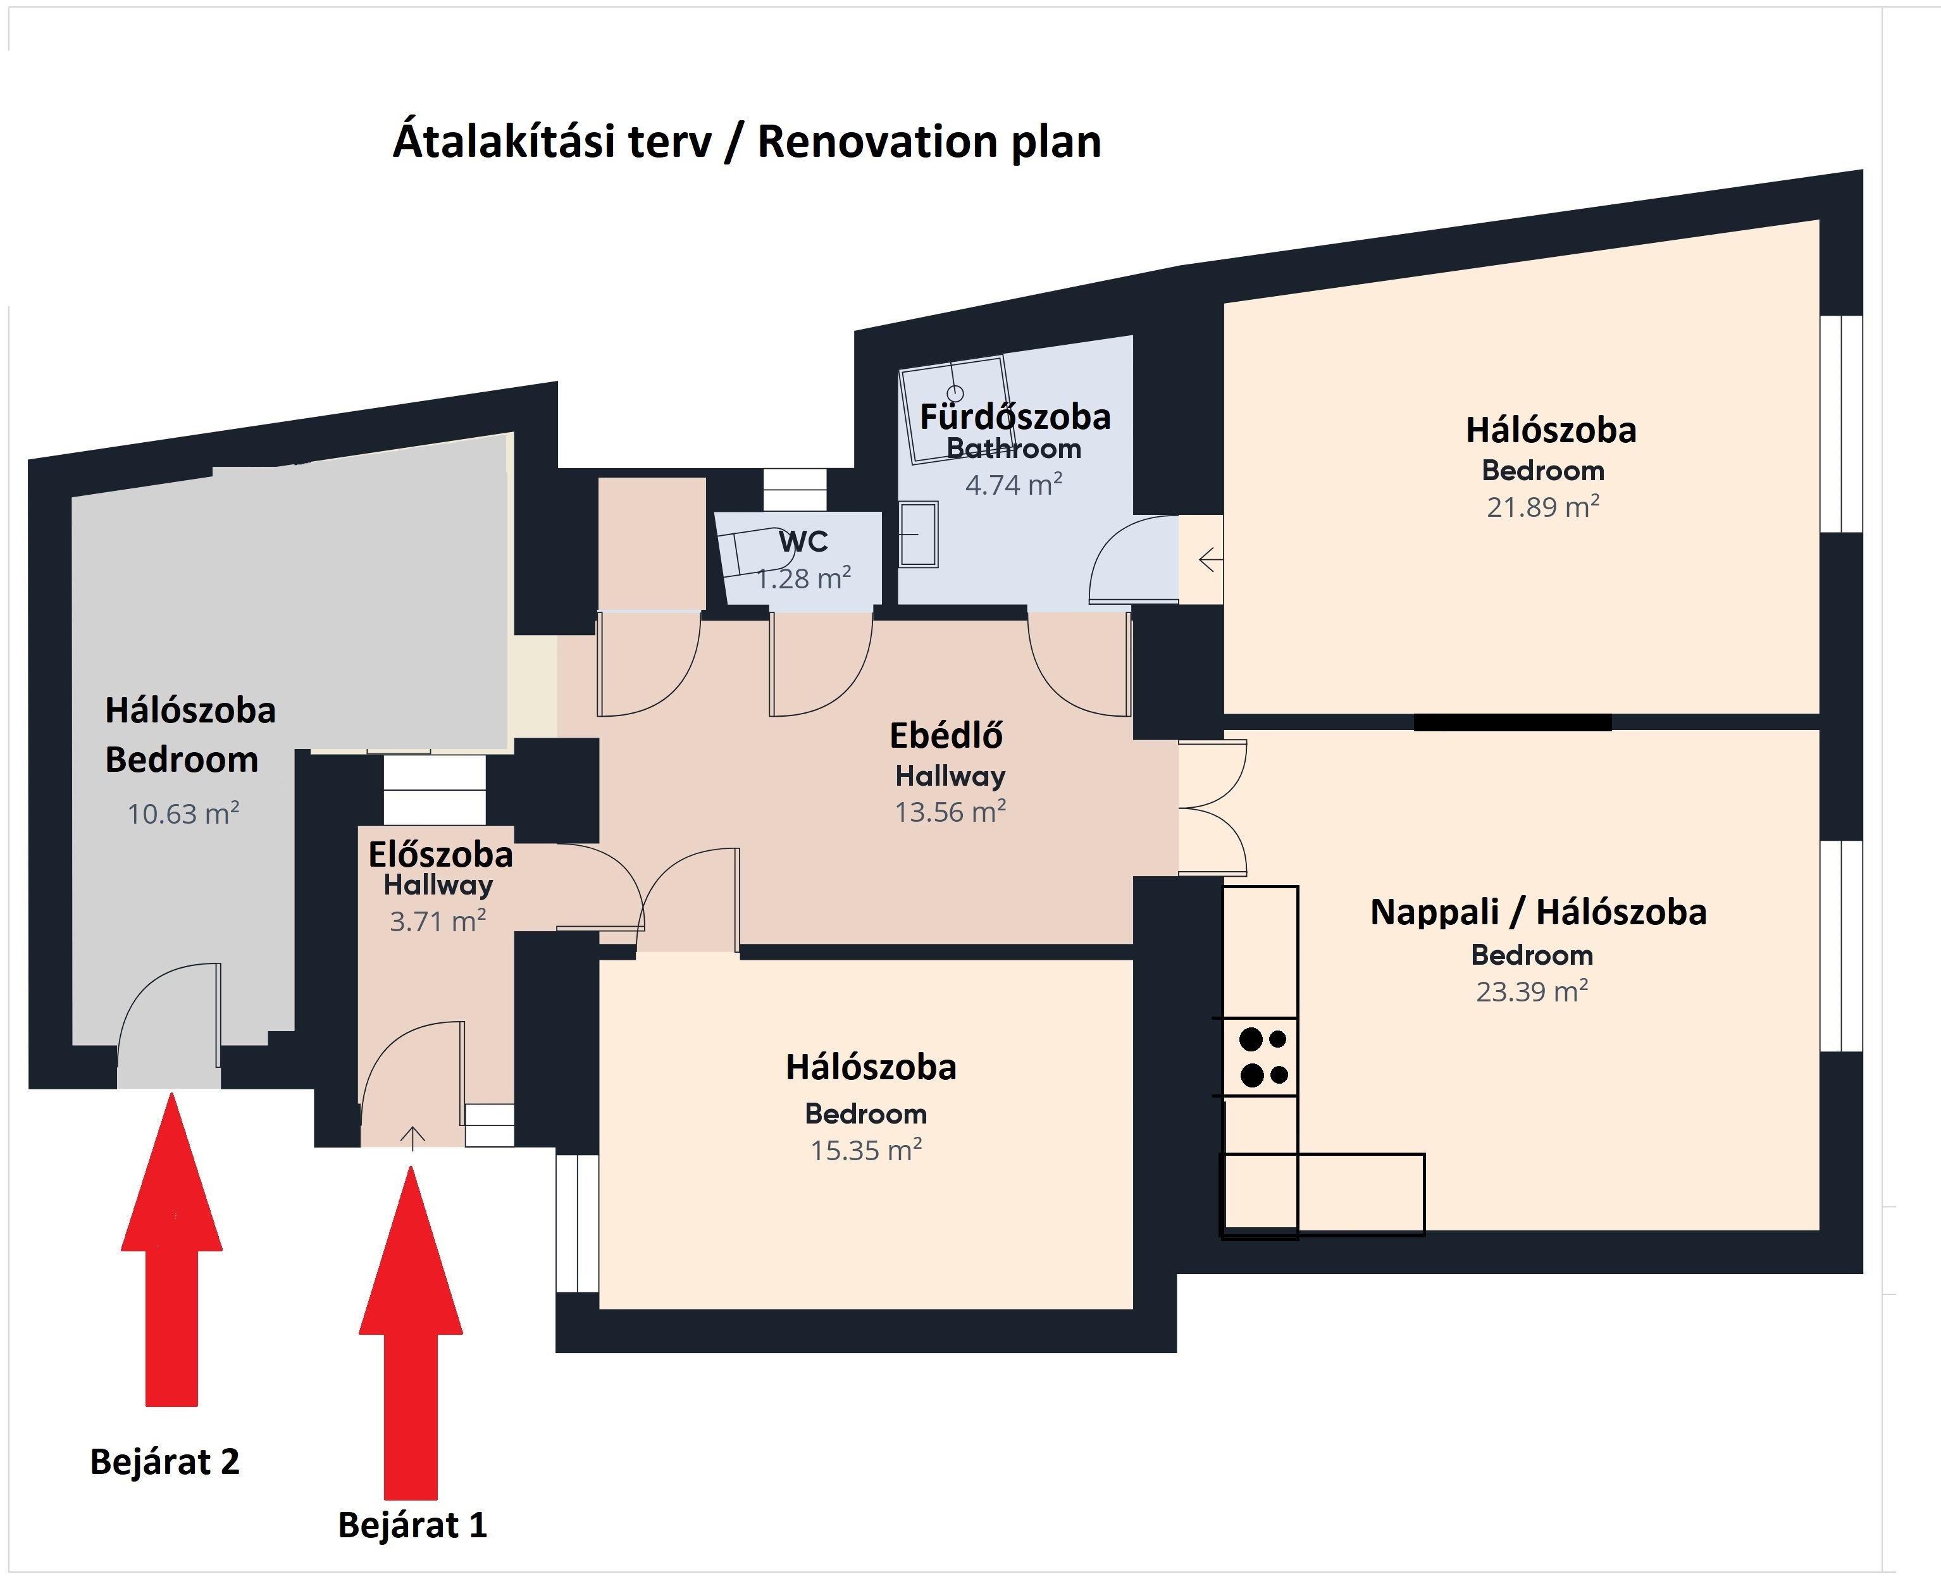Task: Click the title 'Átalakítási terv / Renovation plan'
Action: [747, 141]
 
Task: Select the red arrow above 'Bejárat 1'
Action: [411, 1334]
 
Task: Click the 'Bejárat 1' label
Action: [412, 1525]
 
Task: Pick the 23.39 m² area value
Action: [1532, 991]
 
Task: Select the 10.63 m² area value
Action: [183, 812]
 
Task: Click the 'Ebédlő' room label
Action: [946, 735]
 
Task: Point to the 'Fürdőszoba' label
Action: [1015, 417]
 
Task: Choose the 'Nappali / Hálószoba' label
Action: [1538, 912]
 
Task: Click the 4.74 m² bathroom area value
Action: [1014, 485]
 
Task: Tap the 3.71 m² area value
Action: [438, 920]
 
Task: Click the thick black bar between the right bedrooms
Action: [1513, 722]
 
